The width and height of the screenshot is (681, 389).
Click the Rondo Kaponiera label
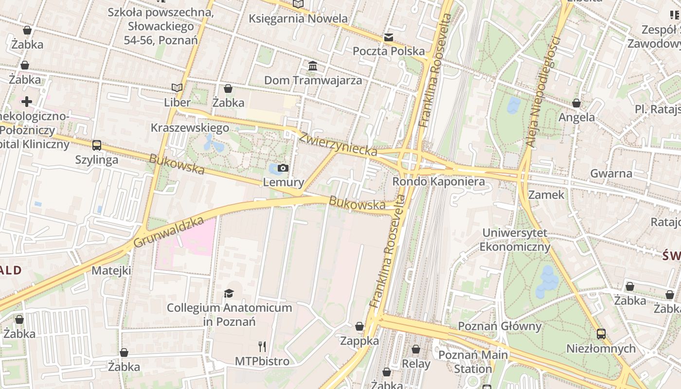click(438, 181)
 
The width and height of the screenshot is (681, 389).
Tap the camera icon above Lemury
click(283, 168)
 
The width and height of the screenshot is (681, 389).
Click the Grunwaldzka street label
click(168, 232)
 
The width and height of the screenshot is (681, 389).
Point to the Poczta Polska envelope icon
click(388, 37)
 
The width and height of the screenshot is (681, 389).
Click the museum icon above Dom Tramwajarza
click(313, 66)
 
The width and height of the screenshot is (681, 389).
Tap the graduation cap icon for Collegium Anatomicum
click(229, 293)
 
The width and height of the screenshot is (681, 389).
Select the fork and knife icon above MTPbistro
click(262, 347)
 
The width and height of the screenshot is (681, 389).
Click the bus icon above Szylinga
click(97, 145)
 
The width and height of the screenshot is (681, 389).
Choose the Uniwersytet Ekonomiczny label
click(515, 240)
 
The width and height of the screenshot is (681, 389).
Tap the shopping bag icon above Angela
click(576, 103)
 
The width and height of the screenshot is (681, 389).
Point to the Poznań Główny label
click(500, 326)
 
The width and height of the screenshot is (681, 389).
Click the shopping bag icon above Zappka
click(359, 326)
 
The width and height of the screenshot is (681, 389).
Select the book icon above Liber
click(177, 88)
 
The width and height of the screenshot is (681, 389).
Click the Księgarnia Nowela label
click(298, 18)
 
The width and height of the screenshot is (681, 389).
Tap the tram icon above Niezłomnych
click(601, 334)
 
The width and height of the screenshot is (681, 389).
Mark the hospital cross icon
click(27, 101)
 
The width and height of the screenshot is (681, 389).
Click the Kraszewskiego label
click(190, 128)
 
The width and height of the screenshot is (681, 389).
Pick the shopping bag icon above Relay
click(416, 349)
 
